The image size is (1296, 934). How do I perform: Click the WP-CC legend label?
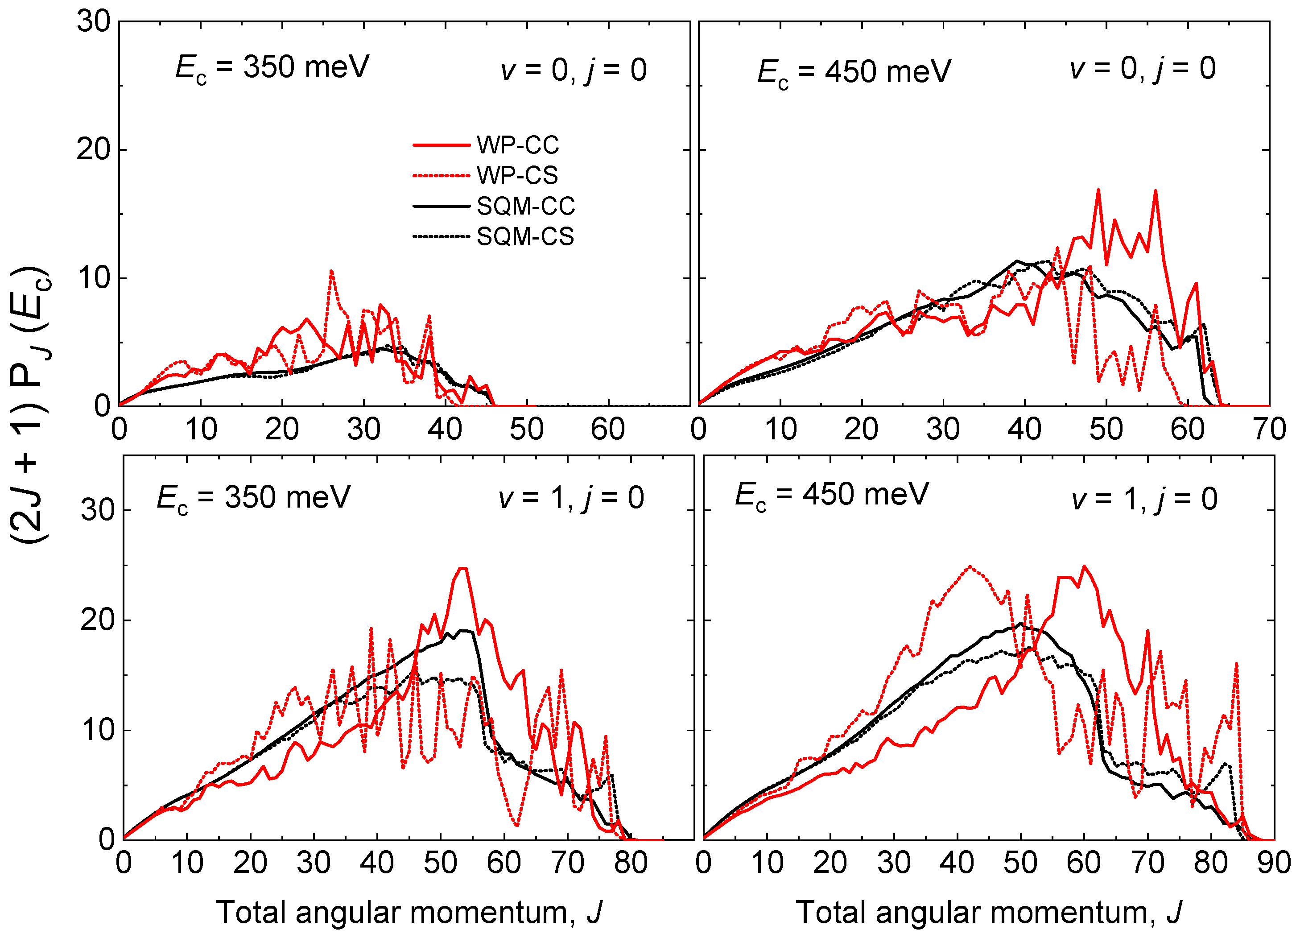tap(518, 145)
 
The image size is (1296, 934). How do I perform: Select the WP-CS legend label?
tap(517, 175)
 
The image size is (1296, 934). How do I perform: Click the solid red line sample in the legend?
tap(441, 145)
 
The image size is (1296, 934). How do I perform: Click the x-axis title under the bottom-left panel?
tap(409, 912)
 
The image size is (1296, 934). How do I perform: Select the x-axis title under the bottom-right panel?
tap(989, 912)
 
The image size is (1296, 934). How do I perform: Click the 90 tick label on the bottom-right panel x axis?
tap(1274, 863)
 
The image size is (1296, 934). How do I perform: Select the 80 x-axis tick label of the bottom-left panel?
tap(631, 863)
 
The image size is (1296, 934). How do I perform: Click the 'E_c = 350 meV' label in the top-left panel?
tap(272, 69)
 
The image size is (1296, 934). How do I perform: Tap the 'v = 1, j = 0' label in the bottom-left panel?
tap(571, 498)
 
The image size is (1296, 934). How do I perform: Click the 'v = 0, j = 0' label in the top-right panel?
tap(1143, 69)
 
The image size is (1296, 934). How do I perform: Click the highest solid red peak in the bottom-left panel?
tap(463, 568)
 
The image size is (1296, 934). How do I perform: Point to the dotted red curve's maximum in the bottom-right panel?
tap(970, 567)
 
